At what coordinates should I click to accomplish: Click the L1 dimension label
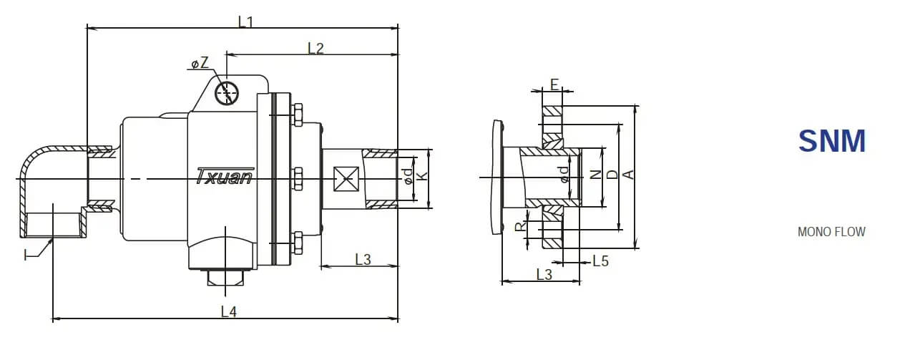pyautogui.click(x=245, y=21)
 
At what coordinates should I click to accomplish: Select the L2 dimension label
pyautogui.click(x=315, y=48)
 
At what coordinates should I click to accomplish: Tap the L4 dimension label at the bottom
pyautogui.click(x=228, y=311)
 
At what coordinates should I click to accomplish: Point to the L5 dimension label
pyautogui.click(x=600, y=261)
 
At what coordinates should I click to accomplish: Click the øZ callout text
pyautogui.click(x=200, y=64)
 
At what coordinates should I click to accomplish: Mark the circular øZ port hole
pyautogui.click(x=228, y=92)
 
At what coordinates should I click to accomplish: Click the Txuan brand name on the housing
pyautogui.click(x=224, y=176)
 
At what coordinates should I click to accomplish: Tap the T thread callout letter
pyautogui.click(x=29, y=254)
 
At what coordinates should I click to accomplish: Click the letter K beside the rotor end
pyautogui.click(x=422, y=177)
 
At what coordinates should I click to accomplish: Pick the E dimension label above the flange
pyautogui.click(x=554, y=84)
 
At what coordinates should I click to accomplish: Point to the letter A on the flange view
pyautogui.click(x=628, y=175)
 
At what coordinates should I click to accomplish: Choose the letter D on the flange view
pyautogui.click(x=612, y=175)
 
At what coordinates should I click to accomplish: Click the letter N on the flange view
pyautogui.click(x=596, y=175)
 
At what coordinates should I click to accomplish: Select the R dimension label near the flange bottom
pyautogui.click(x=520, y=227)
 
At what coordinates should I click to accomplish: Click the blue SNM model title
pyautogui.click(x=832, y=142)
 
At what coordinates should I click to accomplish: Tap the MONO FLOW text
pyautogui.click(x=831, y=232)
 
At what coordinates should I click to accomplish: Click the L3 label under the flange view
pyautogui.click(x=544, y=274)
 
